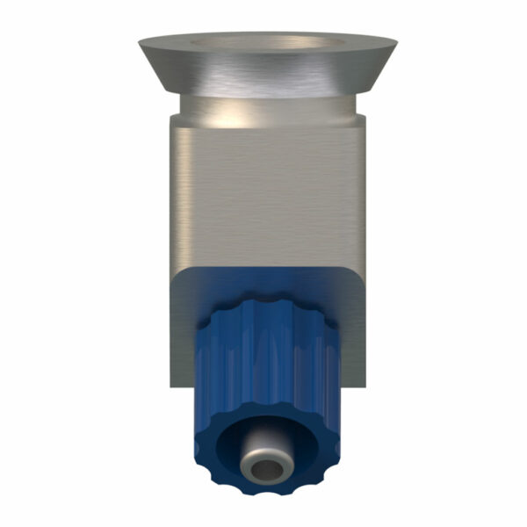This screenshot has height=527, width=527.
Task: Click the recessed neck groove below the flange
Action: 263,111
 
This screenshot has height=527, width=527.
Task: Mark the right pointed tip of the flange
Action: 394,39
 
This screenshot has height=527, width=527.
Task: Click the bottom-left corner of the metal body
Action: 172,385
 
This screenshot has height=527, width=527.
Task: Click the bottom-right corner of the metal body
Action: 363,385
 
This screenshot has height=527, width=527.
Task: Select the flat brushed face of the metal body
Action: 263,193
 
